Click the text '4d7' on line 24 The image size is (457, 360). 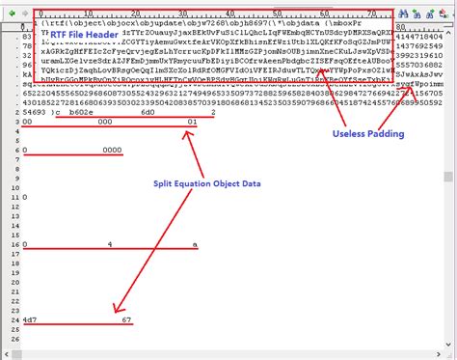[x=32, y=318]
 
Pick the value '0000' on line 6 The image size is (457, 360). [x=112, y=151]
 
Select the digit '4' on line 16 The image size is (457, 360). [x=111, y=246]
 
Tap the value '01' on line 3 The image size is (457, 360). [x=192, y=122]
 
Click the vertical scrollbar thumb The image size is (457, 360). [x=448, y=177]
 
